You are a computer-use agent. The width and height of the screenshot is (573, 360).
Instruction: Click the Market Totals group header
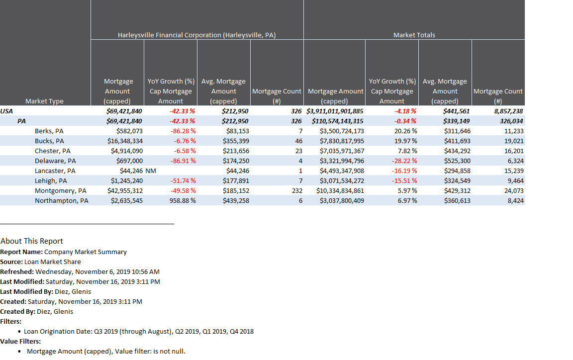coord(414,35)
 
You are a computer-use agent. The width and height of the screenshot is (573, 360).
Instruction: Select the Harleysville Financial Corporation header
coord(196,35)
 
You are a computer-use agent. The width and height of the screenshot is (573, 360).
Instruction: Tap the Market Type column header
coord(44,101)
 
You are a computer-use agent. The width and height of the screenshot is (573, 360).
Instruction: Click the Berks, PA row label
coord(49,131)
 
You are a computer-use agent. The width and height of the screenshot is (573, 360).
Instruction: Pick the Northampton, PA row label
coord(61,200)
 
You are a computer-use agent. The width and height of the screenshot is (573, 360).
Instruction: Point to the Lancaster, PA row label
coord(55,171)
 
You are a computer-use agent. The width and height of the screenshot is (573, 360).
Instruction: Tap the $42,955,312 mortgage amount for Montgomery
coord(125,190)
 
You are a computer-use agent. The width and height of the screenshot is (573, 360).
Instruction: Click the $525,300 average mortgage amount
coord(457,161)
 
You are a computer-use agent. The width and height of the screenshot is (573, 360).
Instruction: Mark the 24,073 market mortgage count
coord(513,190)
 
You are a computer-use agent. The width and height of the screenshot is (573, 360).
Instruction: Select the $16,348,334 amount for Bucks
coord(125,141)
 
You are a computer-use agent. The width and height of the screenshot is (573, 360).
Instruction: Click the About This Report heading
coord(32,241)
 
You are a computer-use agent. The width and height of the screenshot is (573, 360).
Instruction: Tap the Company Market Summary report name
coord(85,252)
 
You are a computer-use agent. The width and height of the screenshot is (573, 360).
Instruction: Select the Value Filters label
coord(20,341)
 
